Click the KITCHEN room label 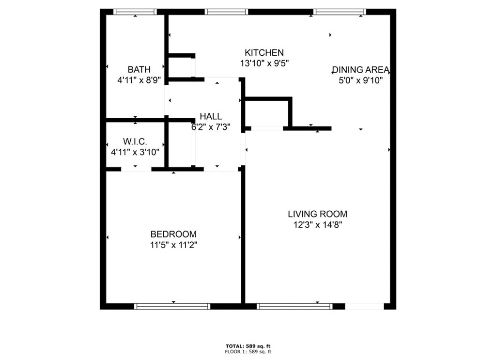pyautogui.click(x=264, y=53)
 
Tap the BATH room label pyautogui.click(x=139, y=70)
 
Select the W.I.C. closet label pyautogui.click(x=135, y=141)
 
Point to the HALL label pyautogui.click(x=211, y=116)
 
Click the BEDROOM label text pyautogui.click(x=173, y=234)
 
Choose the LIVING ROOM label pyautogui.click(x=317, y=214)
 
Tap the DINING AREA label pyautogui.click(x=360, y=70)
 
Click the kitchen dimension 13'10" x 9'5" pyautogui.click(x=264, y=63)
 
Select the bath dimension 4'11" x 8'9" pyautogui.click(x=139, y=80)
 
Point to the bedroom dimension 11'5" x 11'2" pyautogui.click(x=173, y=245)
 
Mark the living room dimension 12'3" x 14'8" pyautogui.click(x=317, y=225)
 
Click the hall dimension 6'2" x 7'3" pyautogui.click(x=211, y=127)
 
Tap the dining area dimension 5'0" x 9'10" pyautogui.click(x=360, y=81)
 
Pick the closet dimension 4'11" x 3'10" pyautogui.click(x=135, y=152)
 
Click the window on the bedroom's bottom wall pyautogui.click(x=172, y=306)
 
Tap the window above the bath pyautogui.click(x=135, y=12)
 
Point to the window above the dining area pyautogui.click(x=339, y=12)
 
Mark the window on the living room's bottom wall pyautogui.click(x=294, y=306)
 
